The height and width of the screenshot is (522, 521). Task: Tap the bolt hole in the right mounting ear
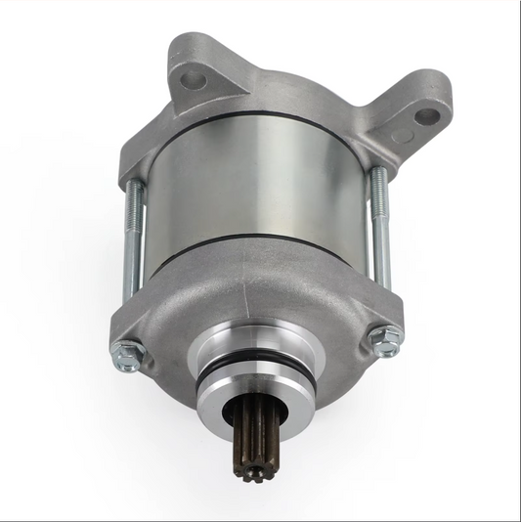pos(426,116)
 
